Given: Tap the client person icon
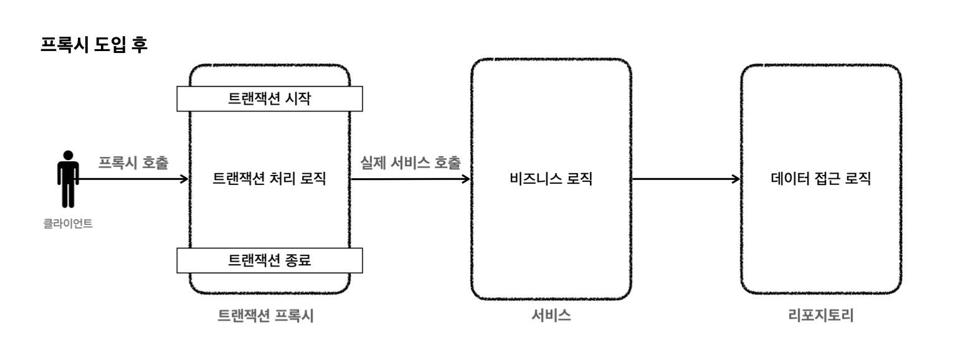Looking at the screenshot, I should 67,179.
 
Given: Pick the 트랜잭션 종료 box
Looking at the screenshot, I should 270,260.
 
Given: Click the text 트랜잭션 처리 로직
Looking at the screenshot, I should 270,179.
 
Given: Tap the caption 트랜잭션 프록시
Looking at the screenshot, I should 265,316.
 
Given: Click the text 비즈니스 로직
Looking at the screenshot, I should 550,179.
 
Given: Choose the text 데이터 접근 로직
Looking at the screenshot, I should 820,179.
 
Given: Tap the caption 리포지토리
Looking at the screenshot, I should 820,316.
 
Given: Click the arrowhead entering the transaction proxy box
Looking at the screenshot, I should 185,179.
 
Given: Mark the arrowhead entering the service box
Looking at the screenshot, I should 467,179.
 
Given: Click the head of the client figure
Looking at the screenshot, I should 67,155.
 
